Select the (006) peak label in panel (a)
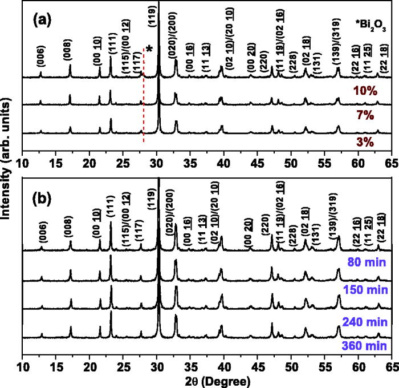tap(40, 58)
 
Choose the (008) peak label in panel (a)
tap(70, 51)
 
